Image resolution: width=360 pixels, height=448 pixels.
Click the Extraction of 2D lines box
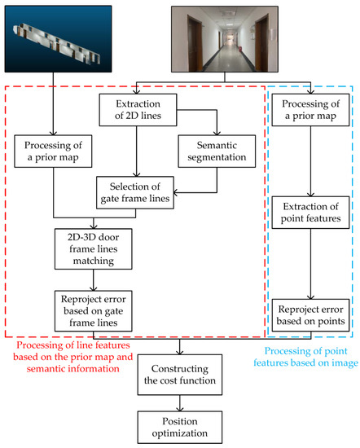click(x=138, y=110)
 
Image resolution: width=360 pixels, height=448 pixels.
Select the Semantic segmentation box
click(x=217, y=152)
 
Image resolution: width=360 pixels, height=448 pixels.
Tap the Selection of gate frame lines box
click(x=135, y=192)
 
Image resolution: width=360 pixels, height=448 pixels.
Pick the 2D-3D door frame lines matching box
click(x=94, y=249)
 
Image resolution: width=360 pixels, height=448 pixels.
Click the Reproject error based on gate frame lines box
click(x=94, y=311)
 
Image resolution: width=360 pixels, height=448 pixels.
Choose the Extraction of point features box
click(x=310, y=213)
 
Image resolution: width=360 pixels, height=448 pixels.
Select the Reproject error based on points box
click(x=310, y=315)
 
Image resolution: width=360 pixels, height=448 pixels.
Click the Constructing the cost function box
click(x=180, y=375)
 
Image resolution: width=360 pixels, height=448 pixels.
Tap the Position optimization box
click(x=180, y=427)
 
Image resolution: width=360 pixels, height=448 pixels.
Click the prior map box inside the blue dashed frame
click(x=310, y=110)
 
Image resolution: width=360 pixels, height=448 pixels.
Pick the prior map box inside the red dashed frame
click(x=53, y=152)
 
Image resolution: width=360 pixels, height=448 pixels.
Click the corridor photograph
click(x=225, y=39)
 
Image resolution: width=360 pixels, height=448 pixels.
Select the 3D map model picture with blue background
click(x=58, y=38)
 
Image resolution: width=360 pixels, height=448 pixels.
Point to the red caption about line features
click(x=72, y=357)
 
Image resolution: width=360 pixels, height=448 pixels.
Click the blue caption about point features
click(x=305, y=357)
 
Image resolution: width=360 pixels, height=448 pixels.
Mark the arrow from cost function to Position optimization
click(x=180, y=403)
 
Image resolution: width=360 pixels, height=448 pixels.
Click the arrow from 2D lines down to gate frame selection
click(x=137, y=152)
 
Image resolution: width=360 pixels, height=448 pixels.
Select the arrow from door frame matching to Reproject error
click(x=94, y=280)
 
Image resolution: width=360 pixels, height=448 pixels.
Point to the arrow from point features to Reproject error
click(x=310, y=264)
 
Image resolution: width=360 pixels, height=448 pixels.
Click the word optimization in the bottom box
click(x=180, y=433)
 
